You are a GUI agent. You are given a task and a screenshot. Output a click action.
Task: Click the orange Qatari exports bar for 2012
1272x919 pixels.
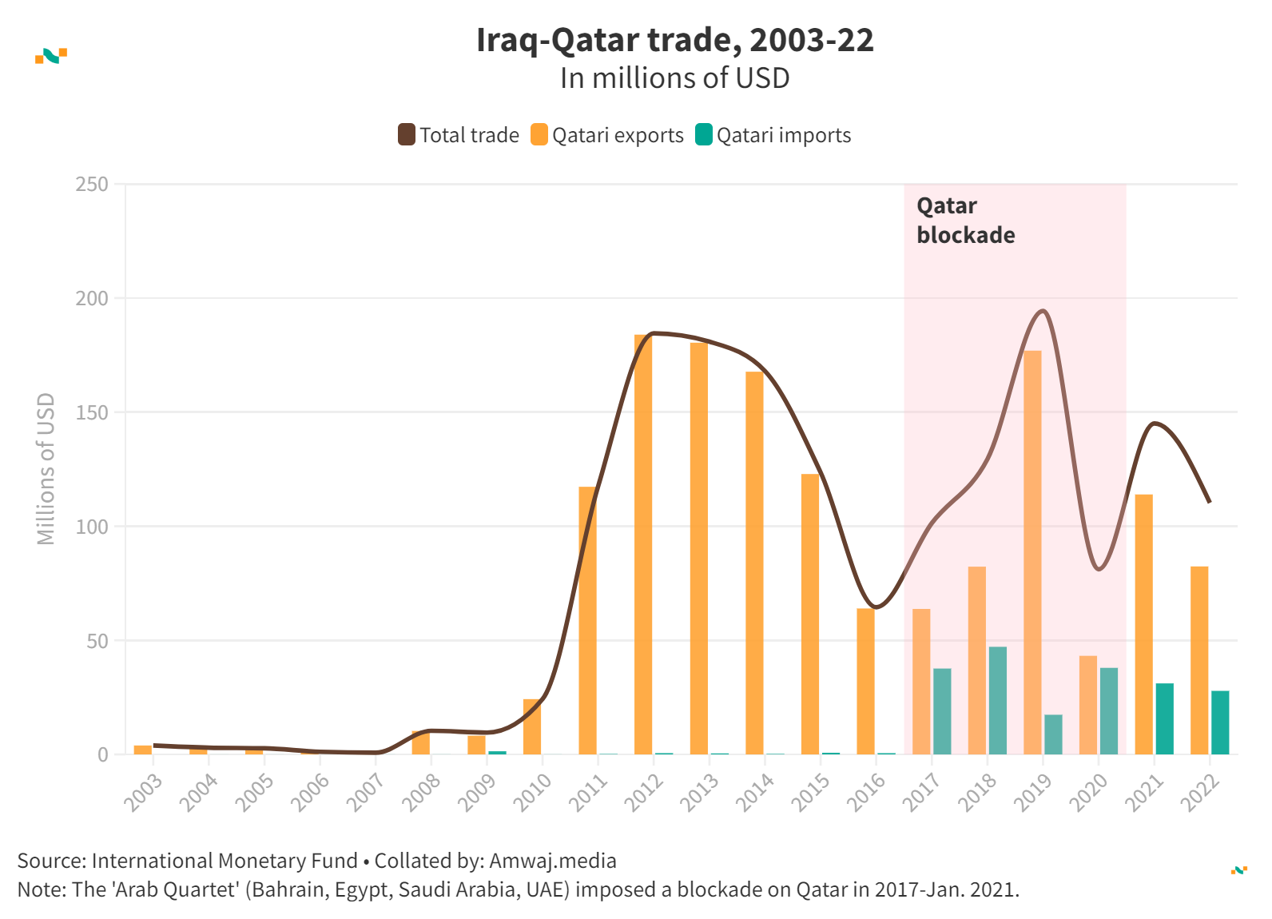(643, 543)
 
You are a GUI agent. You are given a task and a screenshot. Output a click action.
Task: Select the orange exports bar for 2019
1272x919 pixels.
(1032, 551)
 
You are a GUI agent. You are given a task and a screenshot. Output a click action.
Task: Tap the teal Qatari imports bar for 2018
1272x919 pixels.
(998, 700)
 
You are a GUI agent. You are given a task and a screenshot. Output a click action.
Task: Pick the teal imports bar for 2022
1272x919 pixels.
(1220, 722)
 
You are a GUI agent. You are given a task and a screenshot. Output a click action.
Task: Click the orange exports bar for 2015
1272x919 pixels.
(810, 614)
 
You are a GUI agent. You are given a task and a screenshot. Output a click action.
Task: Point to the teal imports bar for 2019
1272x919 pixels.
(1053, 734)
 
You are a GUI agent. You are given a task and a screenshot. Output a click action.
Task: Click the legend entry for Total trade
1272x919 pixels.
(459, 135)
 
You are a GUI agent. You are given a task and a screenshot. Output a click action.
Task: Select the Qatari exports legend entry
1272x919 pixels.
(607, 135)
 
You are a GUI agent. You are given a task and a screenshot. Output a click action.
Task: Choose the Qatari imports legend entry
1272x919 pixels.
(773, 135)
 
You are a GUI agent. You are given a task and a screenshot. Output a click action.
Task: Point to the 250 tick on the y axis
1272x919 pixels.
(92, 185)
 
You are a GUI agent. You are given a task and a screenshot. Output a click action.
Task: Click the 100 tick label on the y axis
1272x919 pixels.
(92, 527)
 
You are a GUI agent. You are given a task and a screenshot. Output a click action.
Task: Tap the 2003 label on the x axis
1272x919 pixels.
(144, 792)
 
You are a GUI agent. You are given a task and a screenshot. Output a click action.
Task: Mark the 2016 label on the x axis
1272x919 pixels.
(868, 792)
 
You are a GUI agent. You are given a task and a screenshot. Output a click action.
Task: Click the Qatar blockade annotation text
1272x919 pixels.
(965, 221)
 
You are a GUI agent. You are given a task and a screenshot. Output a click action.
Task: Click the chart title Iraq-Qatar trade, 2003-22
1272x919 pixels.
(675, 40)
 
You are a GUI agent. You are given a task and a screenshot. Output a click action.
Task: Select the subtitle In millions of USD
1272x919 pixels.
(675, 78)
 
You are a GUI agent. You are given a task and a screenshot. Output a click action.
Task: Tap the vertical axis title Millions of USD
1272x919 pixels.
(46, 469)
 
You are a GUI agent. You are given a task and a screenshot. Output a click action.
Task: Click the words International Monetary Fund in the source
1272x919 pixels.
(225, 861)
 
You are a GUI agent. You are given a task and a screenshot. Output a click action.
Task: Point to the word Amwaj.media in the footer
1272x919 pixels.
(553, 861)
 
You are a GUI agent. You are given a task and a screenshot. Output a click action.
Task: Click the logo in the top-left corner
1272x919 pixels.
(51, 56)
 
